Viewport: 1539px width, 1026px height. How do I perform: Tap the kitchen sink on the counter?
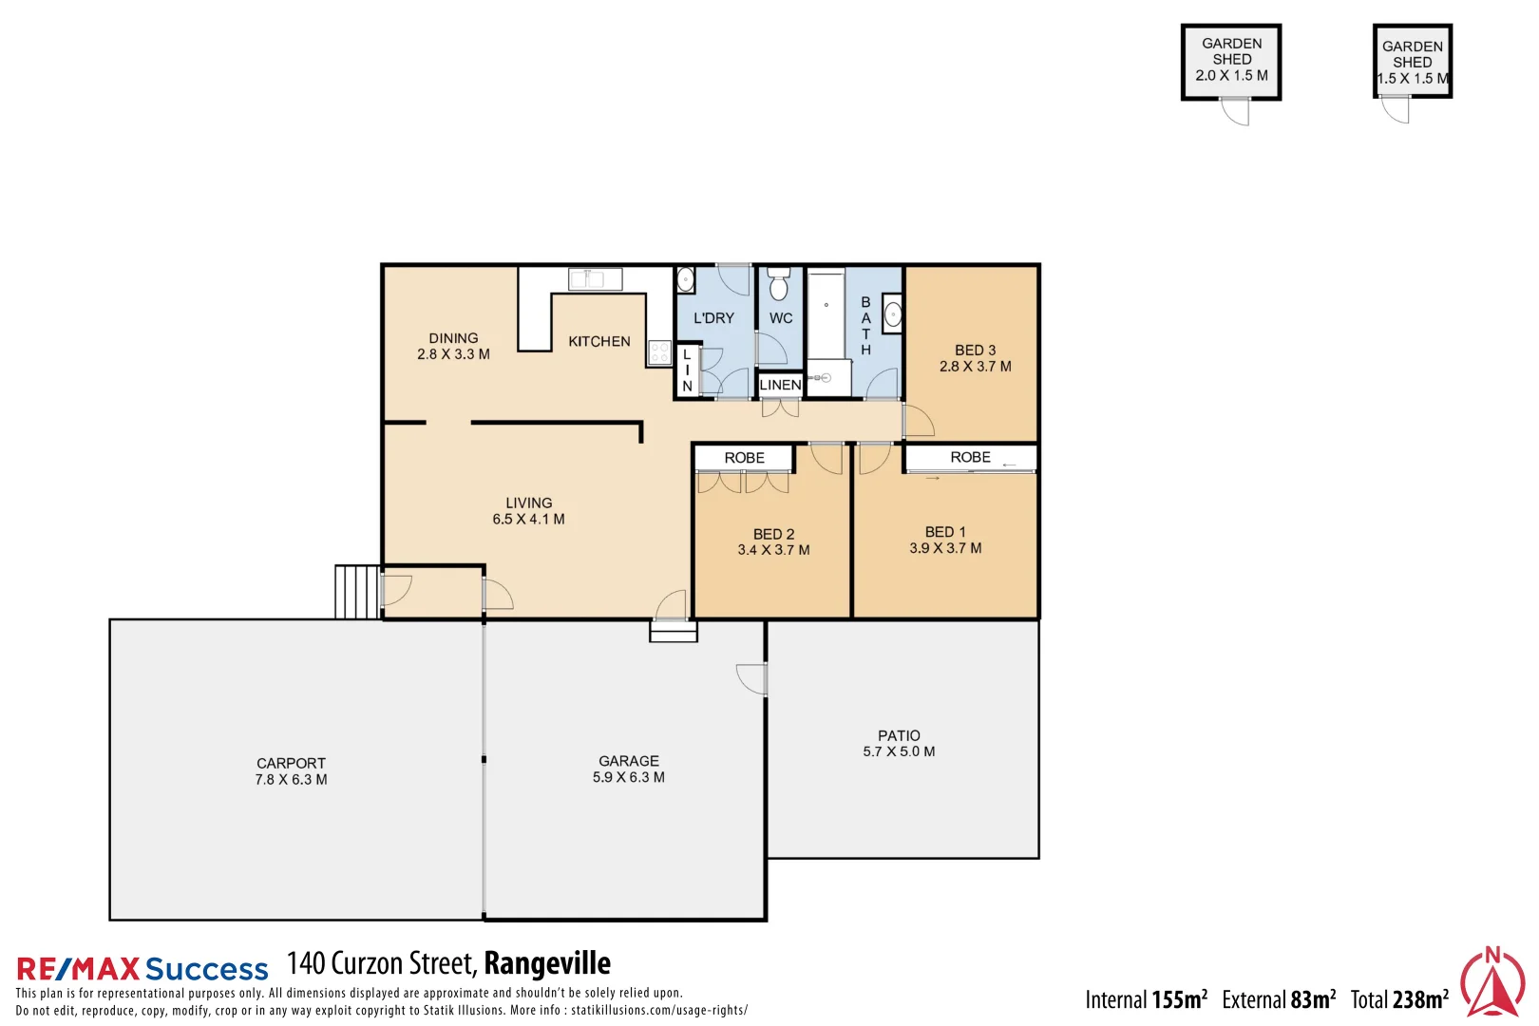pyautogui.click(x=595, y=279)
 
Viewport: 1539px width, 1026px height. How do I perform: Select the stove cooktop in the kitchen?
pyautogui.click(x=659, y=353)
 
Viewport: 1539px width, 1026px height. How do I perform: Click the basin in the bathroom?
pyautogui.click(x=892, y=314)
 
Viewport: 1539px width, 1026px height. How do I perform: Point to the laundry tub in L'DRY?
pyautogui.click(x=685, y=279)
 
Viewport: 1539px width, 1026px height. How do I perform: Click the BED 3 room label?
pyautogui.click(x=975, y=351)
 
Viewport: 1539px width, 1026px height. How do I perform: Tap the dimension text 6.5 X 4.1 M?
pyautogui.click(x=528, y=520)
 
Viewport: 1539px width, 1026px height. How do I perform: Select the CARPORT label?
pyautogui.click(x=291, y=764)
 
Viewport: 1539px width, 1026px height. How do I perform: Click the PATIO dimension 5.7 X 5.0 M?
pyautogui.click(x=899, y=751)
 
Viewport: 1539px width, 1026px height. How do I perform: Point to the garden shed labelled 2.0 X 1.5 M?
pyautogui.click(x=1231, y=62)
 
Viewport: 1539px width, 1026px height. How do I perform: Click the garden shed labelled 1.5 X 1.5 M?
pyautogui.click(x=1413, y=62)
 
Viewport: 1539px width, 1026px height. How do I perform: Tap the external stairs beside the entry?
pyautogui.click(x=357, y=592)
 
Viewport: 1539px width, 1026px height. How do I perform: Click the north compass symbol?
pyautogui.click(x=1492, y=982)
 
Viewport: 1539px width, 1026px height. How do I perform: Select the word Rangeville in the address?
pyautogui.click(x=547, y=963)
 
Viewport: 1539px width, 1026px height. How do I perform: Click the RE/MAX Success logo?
pyautogui.click(x=142, y=969)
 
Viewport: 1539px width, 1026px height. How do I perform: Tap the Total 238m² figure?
pyautogui.click(x=1399, y=999)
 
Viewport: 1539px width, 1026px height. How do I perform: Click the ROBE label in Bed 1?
pyautogui.click(x=970, y=458)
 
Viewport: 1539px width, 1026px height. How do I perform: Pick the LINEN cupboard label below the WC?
pyautogui.click(x=780, y=385)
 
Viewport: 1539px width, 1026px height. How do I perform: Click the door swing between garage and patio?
pyautogui.click(x=751, y=678)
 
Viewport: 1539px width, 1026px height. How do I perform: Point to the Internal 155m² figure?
pyautogui.click(x=1146, y=999)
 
